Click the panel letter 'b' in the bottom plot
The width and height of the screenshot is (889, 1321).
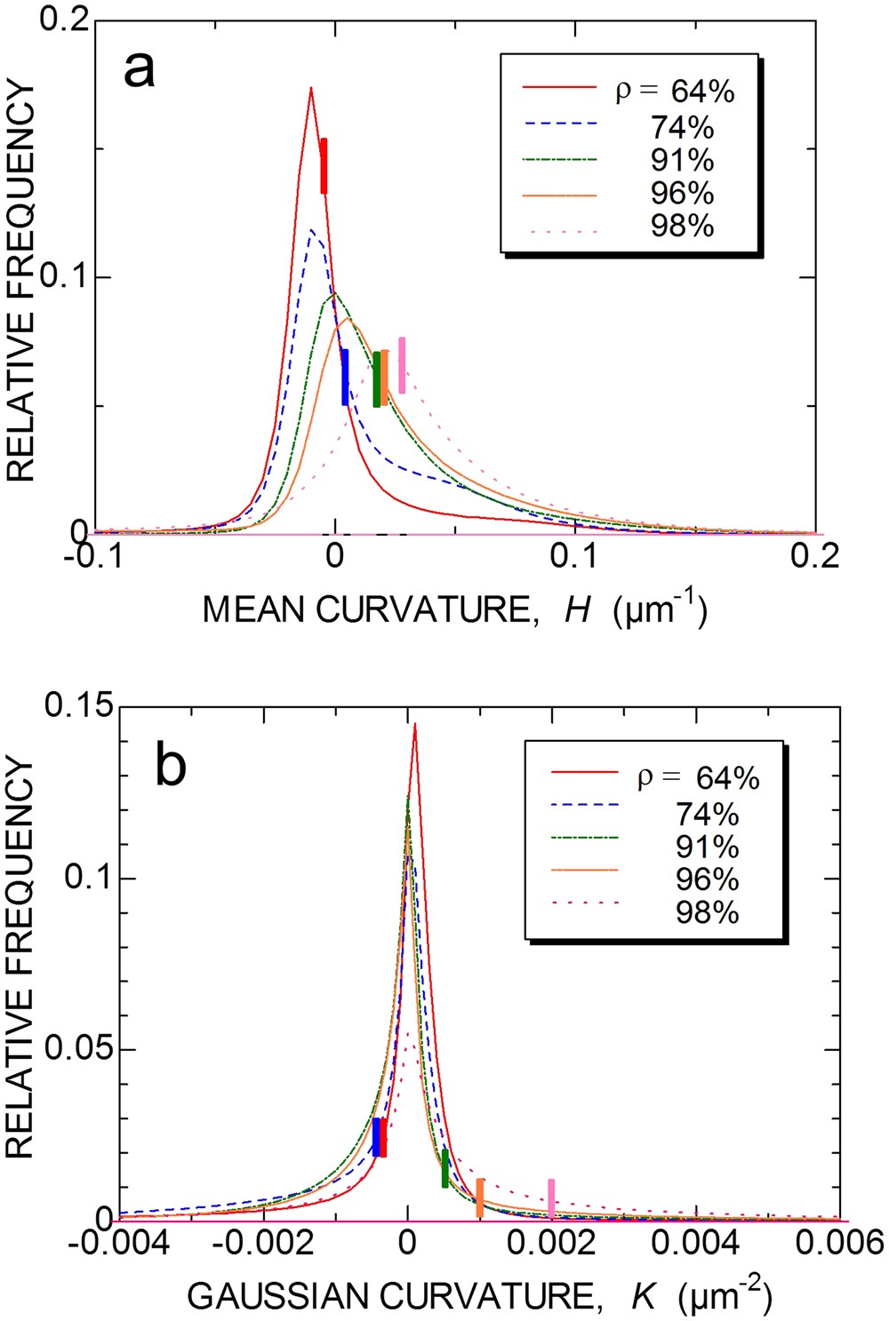click(171, 766)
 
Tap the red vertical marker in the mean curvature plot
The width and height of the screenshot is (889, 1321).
click(324, 166)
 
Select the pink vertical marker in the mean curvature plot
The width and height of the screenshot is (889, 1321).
click(402, 365)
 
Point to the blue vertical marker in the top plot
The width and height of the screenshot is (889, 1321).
click(345, 378)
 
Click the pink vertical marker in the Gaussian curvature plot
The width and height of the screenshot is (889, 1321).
click(551, 1198)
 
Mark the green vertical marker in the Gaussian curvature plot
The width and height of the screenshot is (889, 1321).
click(445, 1168)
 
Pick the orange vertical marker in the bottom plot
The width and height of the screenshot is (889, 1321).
click(479, 1198)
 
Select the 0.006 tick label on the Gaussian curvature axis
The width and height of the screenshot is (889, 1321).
click(840, 1242)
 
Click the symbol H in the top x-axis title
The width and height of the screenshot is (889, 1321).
click(577, 610)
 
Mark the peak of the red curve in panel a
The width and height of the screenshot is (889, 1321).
click(310, 88)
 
